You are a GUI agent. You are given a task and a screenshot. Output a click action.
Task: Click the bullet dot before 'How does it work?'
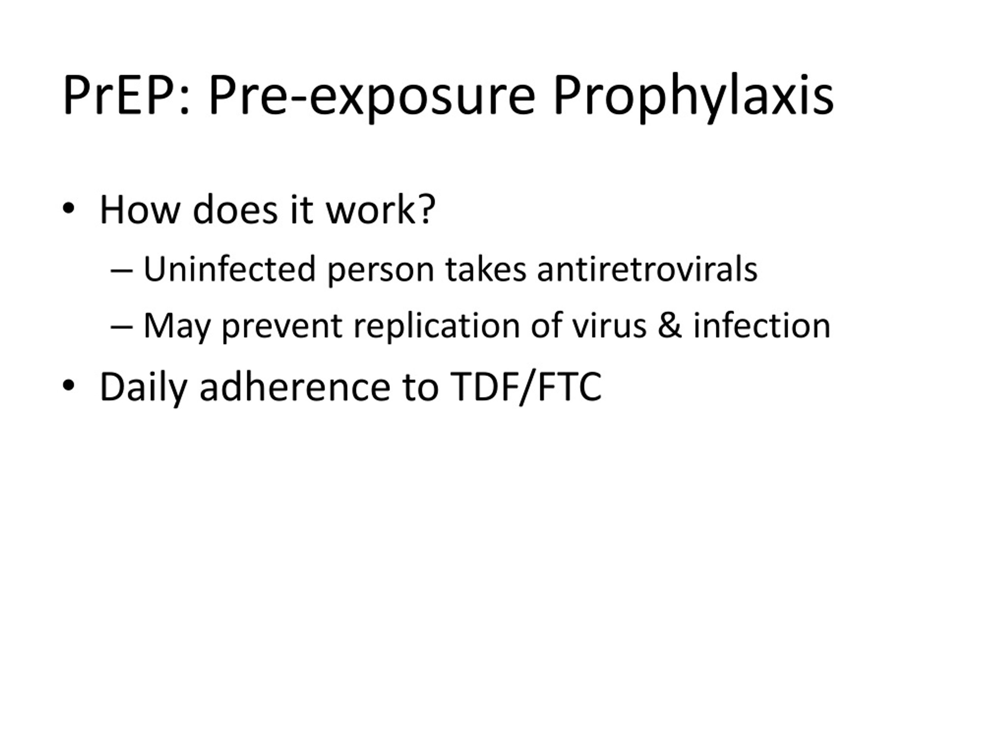[x=68, y=209]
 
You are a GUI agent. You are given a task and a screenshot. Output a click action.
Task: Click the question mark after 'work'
[x=426, y=209]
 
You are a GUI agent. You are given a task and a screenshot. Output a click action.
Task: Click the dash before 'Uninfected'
[x=122, y=271]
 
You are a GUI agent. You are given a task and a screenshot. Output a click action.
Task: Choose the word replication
[x=436, y=326]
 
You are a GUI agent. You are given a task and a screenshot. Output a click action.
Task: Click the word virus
[x=609, y=326]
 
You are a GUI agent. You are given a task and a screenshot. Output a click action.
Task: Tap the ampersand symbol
[x=669, y=326]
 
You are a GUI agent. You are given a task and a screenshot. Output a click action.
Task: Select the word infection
[x=762, y=326]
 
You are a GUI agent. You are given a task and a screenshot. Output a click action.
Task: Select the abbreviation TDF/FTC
[x=526, y=387]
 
